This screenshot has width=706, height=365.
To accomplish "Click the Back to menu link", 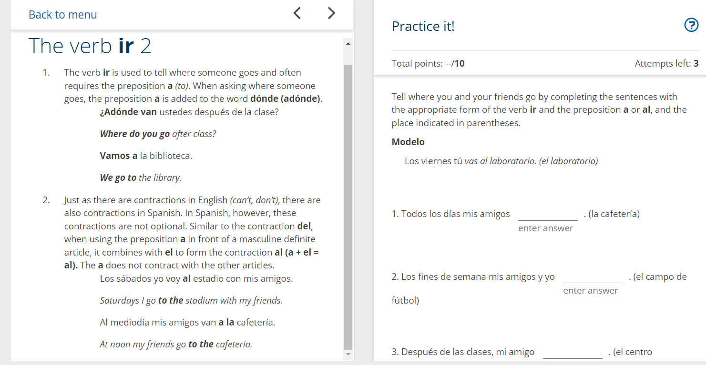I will tap(62, 15).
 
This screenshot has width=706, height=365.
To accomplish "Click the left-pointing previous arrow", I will tap(297, 13).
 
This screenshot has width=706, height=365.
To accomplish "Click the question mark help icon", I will tap(691, 25).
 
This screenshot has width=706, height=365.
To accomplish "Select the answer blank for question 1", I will tap(548, 215).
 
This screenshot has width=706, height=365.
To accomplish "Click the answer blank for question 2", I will tap(593, 277).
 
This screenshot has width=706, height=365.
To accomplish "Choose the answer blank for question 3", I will tap(573, 353).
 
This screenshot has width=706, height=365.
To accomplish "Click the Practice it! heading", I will tap(423, 27).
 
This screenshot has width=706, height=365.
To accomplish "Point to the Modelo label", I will tap(408, 142).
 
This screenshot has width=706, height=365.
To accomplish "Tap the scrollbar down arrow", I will tap(348, 354).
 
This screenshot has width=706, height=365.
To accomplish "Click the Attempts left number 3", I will tap(696, 63).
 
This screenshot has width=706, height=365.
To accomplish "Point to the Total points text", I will tap(428, 63).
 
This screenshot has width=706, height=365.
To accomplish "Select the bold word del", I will tap(304, 226).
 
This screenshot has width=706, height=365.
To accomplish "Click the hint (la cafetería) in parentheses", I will tap(614, 214).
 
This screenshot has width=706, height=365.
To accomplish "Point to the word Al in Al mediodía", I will tap(104, 323).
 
